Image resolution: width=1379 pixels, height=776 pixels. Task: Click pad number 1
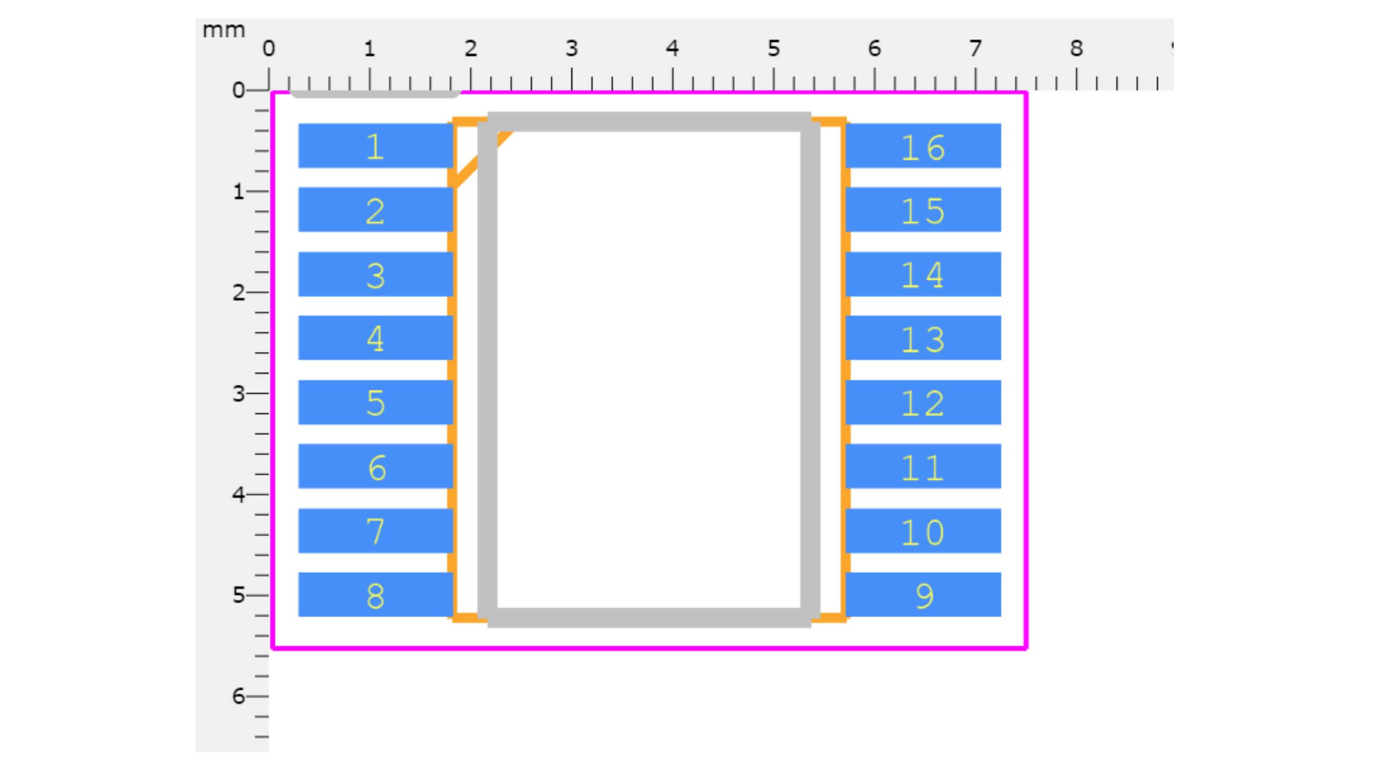click(375, 145)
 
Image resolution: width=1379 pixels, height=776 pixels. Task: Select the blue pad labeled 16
click(923, 145)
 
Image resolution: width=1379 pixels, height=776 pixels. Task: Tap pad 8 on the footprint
click(375, 594)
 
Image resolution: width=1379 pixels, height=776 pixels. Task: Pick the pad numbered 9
click(923, 594)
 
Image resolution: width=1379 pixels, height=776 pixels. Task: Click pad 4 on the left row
click(375, 338)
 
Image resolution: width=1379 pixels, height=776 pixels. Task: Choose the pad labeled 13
click(923, 338)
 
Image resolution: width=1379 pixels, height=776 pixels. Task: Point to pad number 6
click(375, 466)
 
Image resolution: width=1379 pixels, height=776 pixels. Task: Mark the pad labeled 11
click(923, 466)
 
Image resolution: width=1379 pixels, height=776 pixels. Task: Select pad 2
click(375, 210)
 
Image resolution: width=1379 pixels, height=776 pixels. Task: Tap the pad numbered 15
click(923, 210)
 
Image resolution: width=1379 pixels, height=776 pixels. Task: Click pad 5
click(375, 402)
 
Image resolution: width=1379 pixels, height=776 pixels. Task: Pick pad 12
click(923, 402)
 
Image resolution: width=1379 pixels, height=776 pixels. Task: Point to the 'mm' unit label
click(224, 30)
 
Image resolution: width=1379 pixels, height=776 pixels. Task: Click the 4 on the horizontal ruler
click(672, 49)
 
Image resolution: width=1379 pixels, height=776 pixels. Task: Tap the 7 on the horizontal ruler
click(975, 49)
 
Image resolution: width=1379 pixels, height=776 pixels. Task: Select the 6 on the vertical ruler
click(238, 696)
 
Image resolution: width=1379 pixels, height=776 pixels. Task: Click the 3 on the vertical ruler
click(238, 393)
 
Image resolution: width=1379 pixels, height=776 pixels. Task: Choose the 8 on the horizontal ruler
click(1076, 49)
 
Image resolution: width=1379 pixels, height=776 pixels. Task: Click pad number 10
click(923, 531)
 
